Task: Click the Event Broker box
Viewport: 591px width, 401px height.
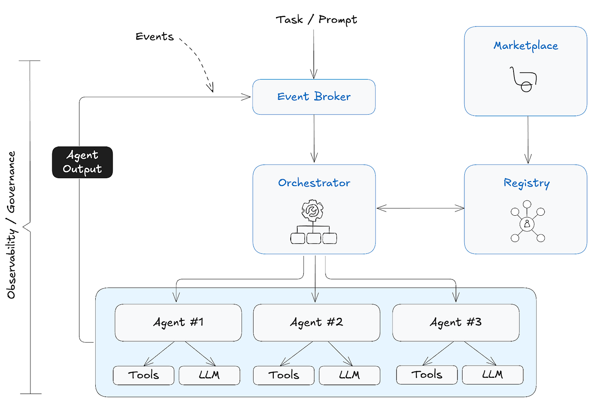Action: [314, 97]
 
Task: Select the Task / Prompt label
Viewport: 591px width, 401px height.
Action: [316, 20]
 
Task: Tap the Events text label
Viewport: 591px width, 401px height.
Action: [154, 37]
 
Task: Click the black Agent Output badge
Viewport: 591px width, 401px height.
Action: [82, 162]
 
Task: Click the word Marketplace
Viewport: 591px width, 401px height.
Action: [525, 46]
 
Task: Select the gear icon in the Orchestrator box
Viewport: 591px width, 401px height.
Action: [312, 211]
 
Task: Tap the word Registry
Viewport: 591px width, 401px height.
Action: [526, 183]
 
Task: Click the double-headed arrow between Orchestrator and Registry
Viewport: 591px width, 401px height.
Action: [420, 209]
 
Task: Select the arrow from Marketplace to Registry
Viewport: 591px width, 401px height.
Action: [528, 139]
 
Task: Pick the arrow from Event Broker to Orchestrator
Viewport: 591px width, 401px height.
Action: [314, 139]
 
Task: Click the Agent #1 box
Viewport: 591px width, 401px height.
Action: [178, 323]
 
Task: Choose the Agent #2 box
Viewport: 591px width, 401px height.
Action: [316, 323]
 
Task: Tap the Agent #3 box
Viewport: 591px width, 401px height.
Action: [456, 323]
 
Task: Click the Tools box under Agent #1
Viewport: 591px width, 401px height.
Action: [144, 375]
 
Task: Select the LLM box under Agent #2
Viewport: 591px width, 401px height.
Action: [349, 375]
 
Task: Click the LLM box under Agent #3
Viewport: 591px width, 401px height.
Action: [492, 375]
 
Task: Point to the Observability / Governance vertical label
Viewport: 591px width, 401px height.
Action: [11, 225]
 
